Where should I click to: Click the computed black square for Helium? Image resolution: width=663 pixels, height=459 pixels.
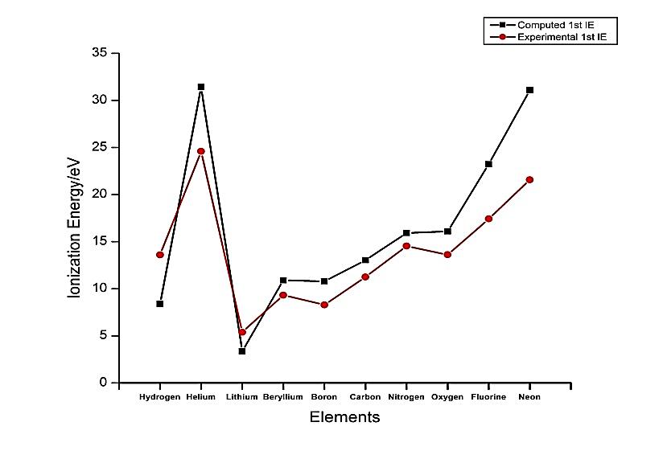pyautogui.click(x=201, y=87)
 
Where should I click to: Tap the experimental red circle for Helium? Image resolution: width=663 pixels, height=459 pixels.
pyautogui.click(x=201, y=151)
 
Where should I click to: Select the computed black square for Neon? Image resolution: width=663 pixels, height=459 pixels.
pyautogui.click(x=529, y=90)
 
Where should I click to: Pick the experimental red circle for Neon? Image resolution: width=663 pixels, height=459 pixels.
pyautogui.click(x=529, y=180)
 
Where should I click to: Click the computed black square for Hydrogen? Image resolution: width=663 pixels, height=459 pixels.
pyautogui.click(x=160, y=304)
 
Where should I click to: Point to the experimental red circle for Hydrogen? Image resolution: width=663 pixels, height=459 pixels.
pyautogui.click(x=160, y=255)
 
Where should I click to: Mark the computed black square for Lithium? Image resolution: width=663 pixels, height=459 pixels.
pyautogui.click(x=242, y=351)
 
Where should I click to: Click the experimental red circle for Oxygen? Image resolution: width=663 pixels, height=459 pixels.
pyautogui.click(x=447, y=255)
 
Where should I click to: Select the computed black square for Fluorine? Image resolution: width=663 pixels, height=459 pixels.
pyautogui.click(x=488, y=164)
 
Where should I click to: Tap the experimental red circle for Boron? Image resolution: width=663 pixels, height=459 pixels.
pyautogui.click(x=324, y=305)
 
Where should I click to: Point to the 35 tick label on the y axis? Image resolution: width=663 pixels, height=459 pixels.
pyautogui.click(x=101, y=53)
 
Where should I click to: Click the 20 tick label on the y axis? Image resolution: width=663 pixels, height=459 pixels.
pyautogui.click(x=101, y=195)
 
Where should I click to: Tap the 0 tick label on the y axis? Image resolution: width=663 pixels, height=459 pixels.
pyautogui.click(x=104, y=383)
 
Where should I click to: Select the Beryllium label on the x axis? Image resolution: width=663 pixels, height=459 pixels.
pyautogui.click(x=282, y=397)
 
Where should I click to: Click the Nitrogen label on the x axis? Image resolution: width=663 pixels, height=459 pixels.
pyautogui.click(x=406, y=397)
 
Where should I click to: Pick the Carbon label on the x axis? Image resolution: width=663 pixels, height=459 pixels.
pyautogui.click(x=365, y=397)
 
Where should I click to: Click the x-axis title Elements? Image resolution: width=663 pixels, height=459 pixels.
pyautogui.click(x=344, y=417)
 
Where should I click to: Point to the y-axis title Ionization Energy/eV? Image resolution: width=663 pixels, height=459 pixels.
pyautogui.click(x=74, y=227)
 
